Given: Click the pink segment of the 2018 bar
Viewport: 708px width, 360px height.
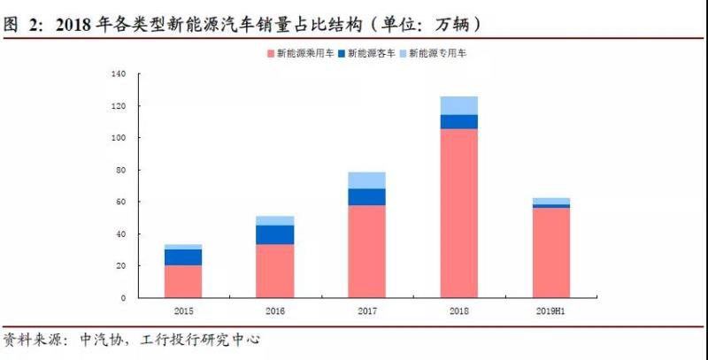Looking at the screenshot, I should (x=458, y=212).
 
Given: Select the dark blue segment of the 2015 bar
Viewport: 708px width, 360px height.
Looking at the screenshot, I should (x=183, y=257).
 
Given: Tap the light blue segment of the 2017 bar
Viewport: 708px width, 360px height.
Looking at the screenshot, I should (x=366, y=180).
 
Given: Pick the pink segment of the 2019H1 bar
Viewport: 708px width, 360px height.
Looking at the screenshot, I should (x=550, y=252).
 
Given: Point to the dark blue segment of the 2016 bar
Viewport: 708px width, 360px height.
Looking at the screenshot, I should (x=274, y=234).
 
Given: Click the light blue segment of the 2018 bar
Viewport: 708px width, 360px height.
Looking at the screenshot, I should (x=458, y=105).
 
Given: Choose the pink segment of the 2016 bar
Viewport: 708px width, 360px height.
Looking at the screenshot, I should (x=274, y=271).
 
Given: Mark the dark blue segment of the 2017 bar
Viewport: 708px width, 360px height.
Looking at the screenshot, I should (x=366, y=196).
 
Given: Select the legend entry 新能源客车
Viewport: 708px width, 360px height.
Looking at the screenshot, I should (x=370, y=54).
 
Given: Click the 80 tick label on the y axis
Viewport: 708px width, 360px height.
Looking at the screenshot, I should (x=123, y=170).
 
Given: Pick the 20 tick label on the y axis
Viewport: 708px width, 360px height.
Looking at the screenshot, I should (x=123, y=265).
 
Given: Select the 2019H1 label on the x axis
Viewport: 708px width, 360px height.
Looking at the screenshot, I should (x=550, y=312).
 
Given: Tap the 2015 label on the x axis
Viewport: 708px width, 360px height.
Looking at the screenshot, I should (x=183, y=312).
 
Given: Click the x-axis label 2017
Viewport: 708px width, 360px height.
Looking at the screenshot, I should (x=366, y=312).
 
